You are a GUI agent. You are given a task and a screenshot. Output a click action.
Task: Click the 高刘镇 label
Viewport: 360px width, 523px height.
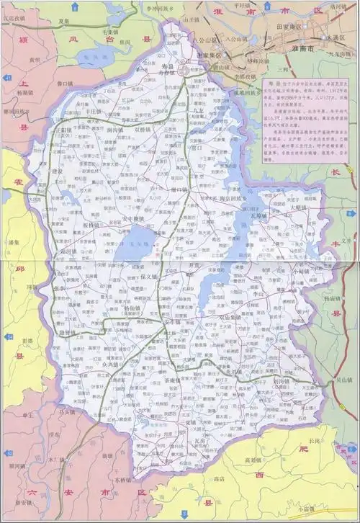[x=256, y=460]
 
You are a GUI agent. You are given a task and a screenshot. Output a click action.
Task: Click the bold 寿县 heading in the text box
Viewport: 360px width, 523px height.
[x=272, y=84]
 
